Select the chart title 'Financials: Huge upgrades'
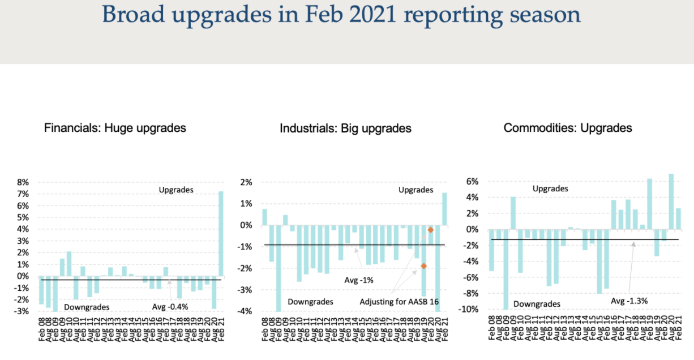(x=115, y=128)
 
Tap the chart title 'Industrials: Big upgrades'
(x=345, y=128)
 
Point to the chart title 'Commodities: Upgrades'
(x=568, y=128)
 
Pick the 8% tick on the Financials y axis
(x=24, y=182)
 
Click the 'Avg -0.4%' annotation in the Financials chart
(x=170, y=307)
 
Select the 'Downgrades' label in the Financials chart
(x=87, y=307)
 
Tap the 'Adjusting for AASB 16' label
(x=400, y=302)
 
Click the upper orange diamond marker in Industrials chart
(x=431, y=230)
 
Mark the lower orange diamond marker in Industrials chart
(x=423, y=266)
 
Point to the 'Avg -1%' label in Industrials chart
(x=359, y=280)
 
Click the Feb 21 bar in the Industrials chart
(x=444, y=209)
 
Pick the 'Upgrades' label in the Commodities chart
(x=550, y=188)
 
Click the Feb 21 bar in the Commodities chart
(x=679, y=218)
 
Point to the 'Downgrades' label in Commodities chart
(x=537, y=304)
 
